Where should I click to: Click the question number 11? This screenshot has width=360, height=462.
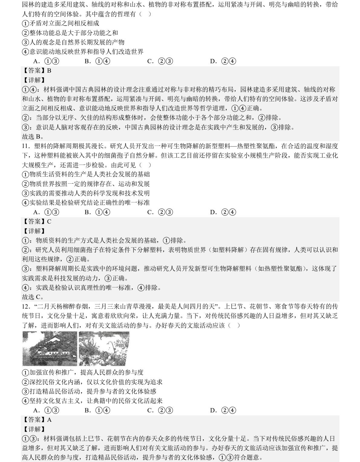pos(26,146)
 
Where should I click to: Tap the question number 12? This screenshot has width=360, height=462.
pos(26,306)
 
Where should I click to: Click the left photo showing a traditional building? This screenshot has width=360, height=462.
pos(50,349)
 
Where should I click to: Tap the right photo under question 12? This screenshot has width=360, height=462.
pos(104,349)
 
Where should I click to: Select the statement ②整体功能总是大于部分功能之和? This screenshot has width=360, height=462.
pos(70,33)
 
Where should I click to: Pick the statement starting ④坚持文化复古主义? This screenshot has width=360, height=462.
pos(92,401)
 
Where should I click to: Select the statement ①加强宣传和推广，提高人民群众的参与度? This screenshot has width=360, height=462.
pos(83,372)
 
